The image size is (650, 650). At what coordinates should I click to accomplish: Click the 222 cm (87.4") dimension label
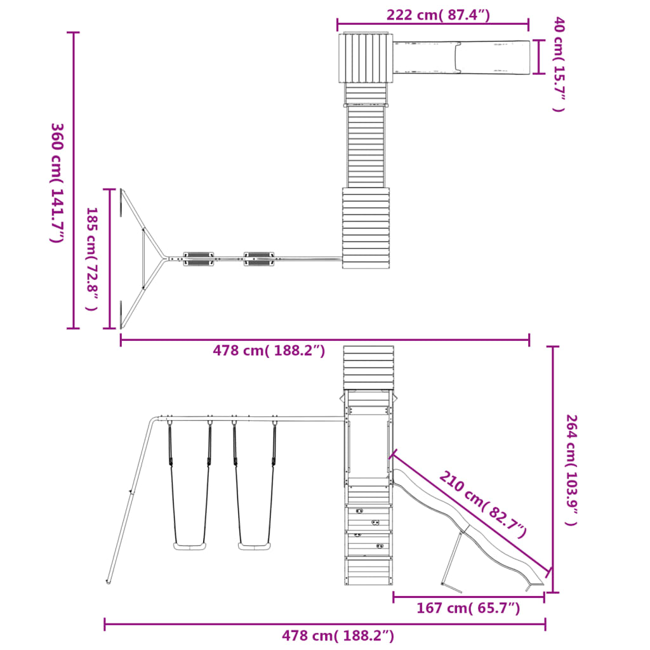point(438,15)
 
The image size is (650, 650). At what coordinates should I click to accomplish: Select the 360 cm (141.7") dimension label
point(56,183)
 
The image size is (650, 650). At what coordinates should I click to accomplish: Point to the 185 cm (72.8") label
point(91,259)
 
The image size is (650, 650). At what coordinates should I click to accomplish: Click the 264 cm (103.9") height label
point(572,470)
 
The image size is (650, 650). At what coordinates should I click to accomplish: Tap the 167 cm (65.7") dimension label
point(468,608)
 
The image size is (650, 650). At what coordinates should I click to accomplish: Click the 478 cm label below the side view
point(338,635)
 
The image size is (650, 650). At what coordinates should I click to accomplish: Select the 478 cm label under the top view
point(269,350)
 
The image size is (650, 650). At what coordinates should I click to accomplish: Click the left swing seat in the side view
point(189,547)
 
